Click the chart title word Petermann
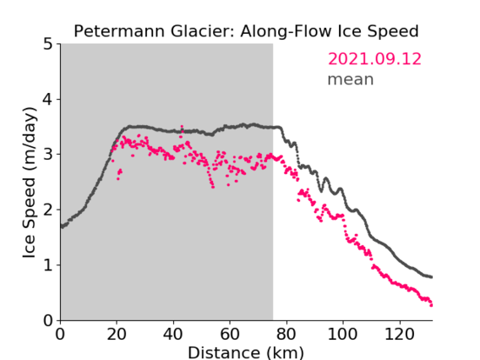120,31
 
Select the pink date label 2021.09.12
374,59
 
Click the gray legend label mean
351,79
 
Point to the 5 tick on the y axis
48,44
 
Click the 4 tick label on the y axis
48,99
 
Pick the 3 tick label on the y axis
48,155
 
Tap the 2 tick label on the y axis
48,210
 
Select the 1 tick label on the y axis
48,265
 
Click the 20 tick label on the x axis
117,334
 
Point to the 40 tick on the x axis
173,334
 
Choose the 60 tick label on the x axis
230,334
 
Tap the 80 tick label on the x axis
286,334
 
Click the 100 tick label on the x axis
342,334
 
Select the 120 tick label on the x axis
399,334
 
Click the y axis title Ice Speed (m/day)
30,183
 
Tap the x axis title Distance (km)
246,352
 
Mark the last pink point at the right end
431,305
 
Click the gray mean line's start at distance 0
62,226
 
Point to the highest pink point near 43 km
182,126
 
